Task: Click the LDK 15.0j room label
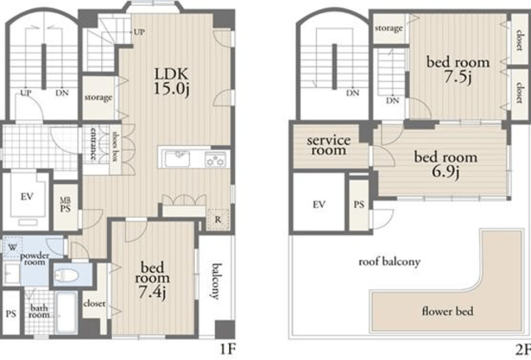pos(172,81)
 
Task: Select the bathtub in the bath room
pos(66,312)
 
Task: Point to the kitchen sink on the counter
pos(177,158)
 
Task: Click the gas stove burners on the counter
pos(216,159)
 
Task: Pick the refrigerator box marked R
pos(218,220)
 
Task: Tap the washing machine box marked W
pos(12,247)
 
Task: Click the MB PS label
pos(66,205)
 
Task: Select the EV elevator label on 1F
pos(27,196)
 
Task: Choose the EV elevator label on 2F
pos(319,204)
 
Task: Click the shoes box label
pos(116,146)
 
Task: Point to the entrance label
pos(93,144)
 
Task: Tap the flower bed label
pos(447,311)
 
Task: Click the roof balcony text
pos(389,262)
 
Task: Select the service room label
pos(329,145)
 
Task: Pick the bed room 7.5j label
pos(458,70)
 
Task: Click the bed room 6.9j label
pos(446,164)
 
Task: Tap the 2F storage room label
pos(389,28)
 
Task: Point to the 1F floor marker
pos(227,348)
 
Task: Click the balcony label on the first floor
pos(216,281)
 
